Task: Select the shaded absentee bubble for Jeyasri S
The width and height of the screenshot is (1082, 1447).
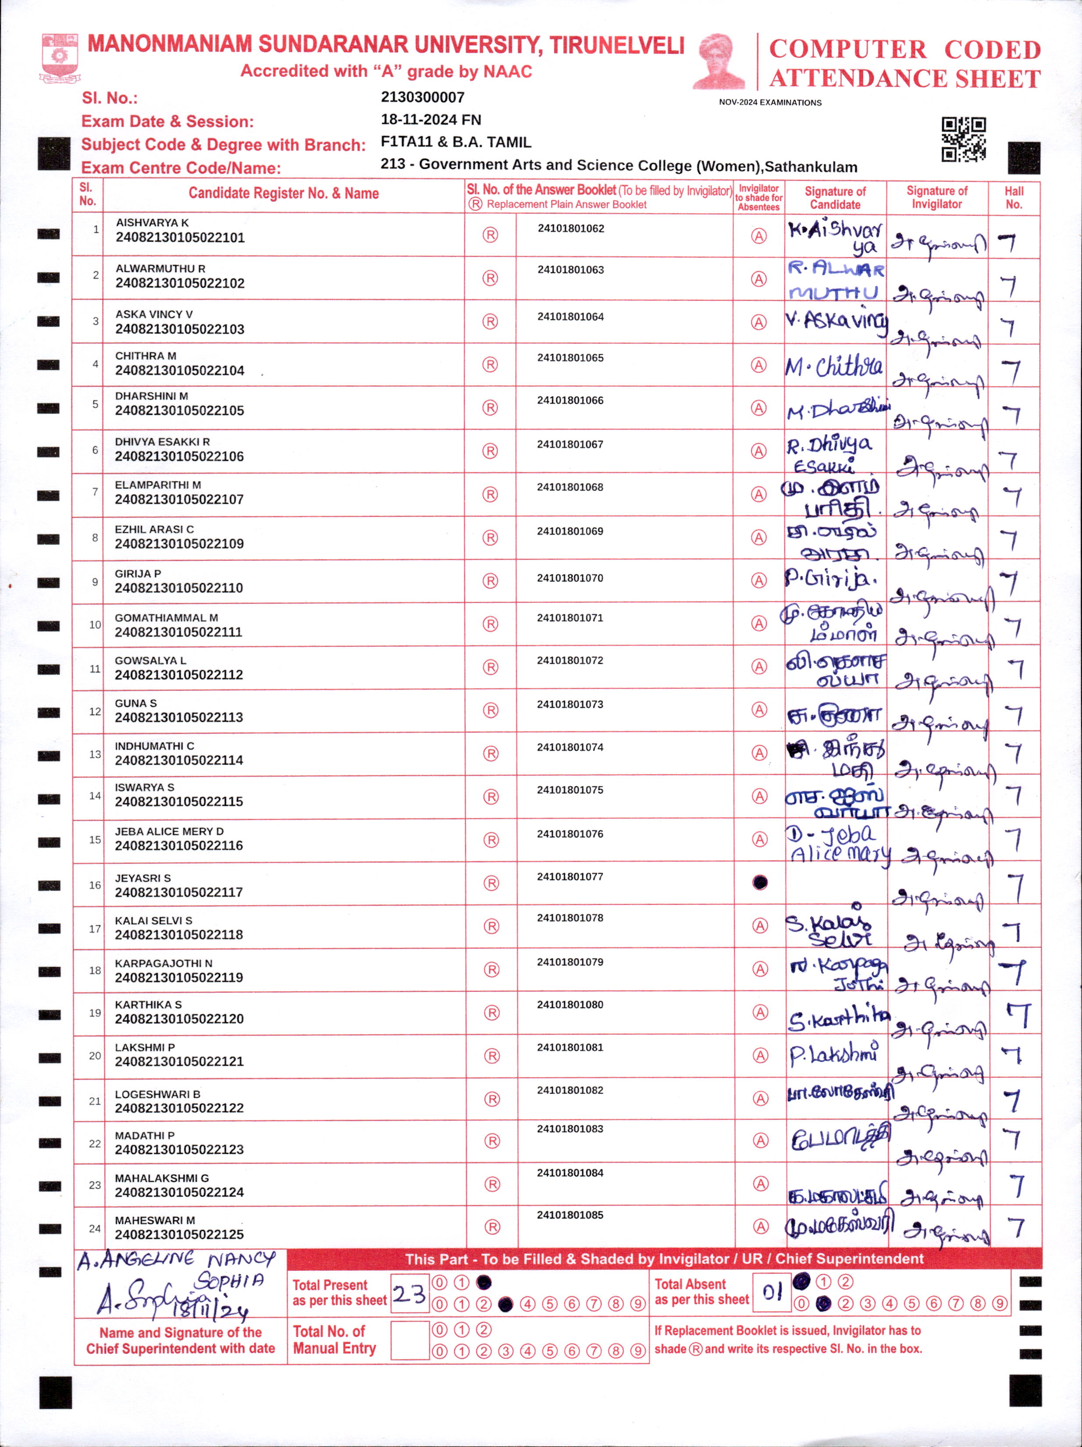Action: pos(759,883)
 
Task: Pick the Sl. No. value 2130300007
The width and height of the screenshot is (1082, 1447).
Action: pos(423,97)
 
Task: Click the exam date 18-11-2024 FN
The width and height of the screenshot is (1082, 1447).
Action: pos(431,120)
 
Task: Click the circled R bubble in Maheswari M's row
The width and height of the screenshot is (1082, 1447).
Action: pos(492,1227)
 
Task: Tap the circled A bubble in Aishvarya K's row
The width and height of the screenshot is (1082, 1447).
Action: pos(758,236)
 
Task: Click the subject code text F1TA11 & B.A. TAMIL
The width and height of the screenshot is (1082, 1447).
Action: pos(456,143)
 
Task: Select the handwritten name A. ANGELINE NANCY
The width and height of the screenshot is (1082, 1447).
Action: pos(175,1259)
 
